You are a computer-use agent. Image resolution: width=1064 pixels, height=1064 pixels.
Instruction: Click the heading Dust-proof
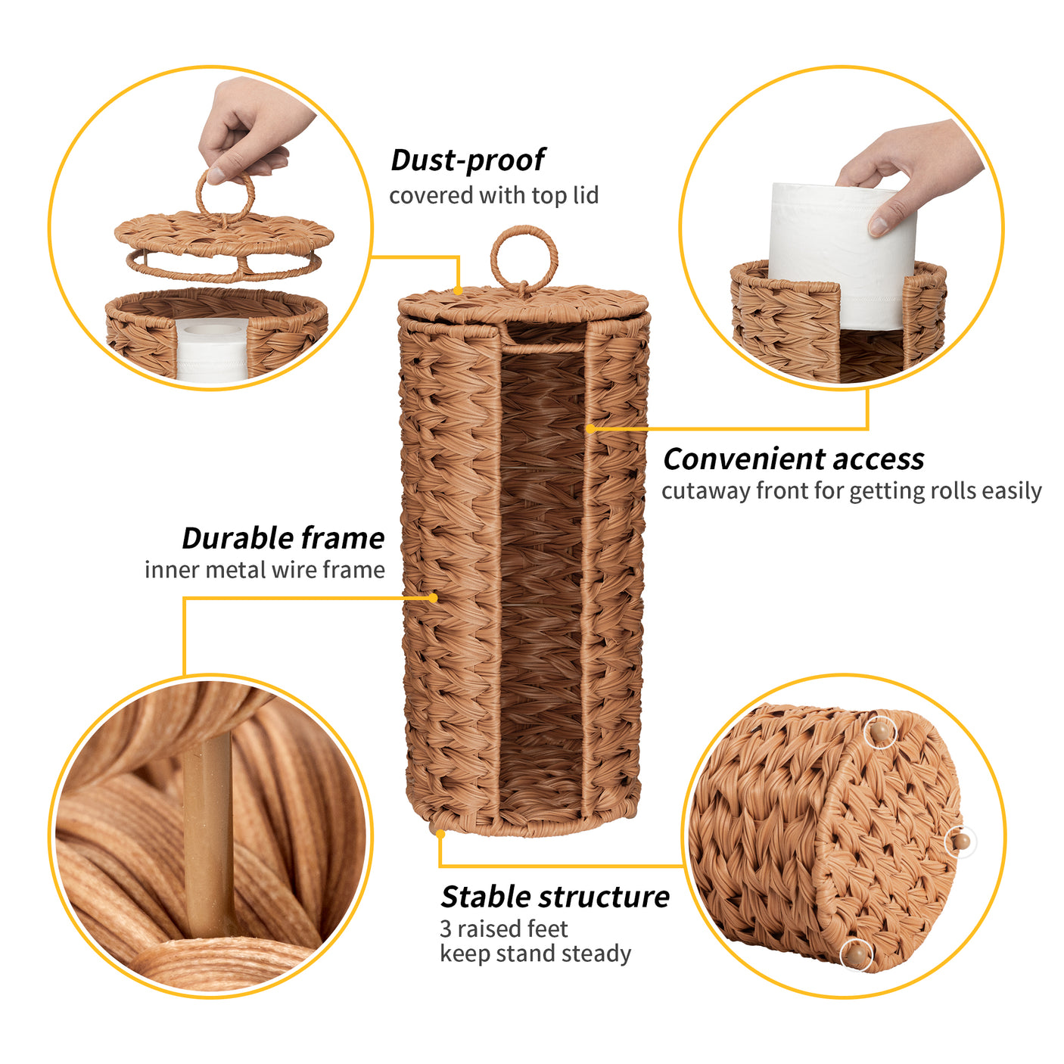(x=467, y=160)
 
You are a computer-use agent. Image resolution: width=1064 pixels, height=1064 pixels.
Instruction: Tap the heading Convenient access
(x=793, y=459)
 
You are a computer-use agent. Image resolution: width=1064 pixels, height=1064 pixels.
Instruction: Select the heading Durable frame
(x=283, y=538)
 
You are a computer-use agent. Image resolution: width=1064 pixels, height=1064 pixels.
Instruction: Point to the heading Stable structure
(x=555, y=897)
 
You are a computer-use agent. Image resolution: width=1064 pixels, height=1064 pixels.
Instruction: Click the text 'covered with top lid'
(x=493, y=195)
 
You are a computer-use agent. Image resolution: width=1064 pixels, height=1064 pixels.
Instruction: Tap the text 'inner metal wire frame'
(x=264, y=570)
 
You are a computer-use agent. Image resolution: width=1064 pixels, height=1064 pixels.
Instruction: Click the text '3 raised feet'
(x=503, y=929)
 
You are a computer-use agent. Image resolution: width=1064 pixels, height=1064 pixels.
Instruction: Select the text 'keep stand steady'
(x=535, y=954)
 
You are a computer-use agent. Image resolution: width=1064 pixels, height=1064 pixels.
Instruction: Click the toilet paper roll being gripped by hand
(x=842, y=256)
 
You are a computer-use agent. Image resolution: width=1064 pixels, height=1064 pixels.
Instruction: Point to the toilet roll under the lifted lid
(x=212, y=353)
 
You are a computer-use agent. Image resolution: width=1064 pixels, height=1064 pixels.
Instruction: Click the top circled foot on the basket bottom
(x=879, y=732)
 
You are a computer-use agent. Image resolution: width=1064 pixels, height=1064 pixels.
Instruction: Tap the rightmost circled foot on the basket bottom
(x=961, y=842)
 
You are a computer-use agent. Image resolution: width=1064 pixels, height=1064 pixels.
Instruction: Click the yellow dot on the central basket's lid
(x=458, y=291)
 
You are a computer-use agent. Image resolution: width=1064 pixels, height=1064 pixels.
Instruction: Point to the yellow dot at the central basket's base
(x=440, y=834)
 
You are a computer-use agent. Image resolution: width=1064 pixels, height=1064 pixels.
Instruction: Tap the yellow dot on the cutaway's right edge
(x=590, y=428)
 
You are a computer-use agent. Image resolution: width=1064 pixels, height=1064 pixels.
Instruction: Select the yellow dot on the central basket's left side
(x=434, y=597)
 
